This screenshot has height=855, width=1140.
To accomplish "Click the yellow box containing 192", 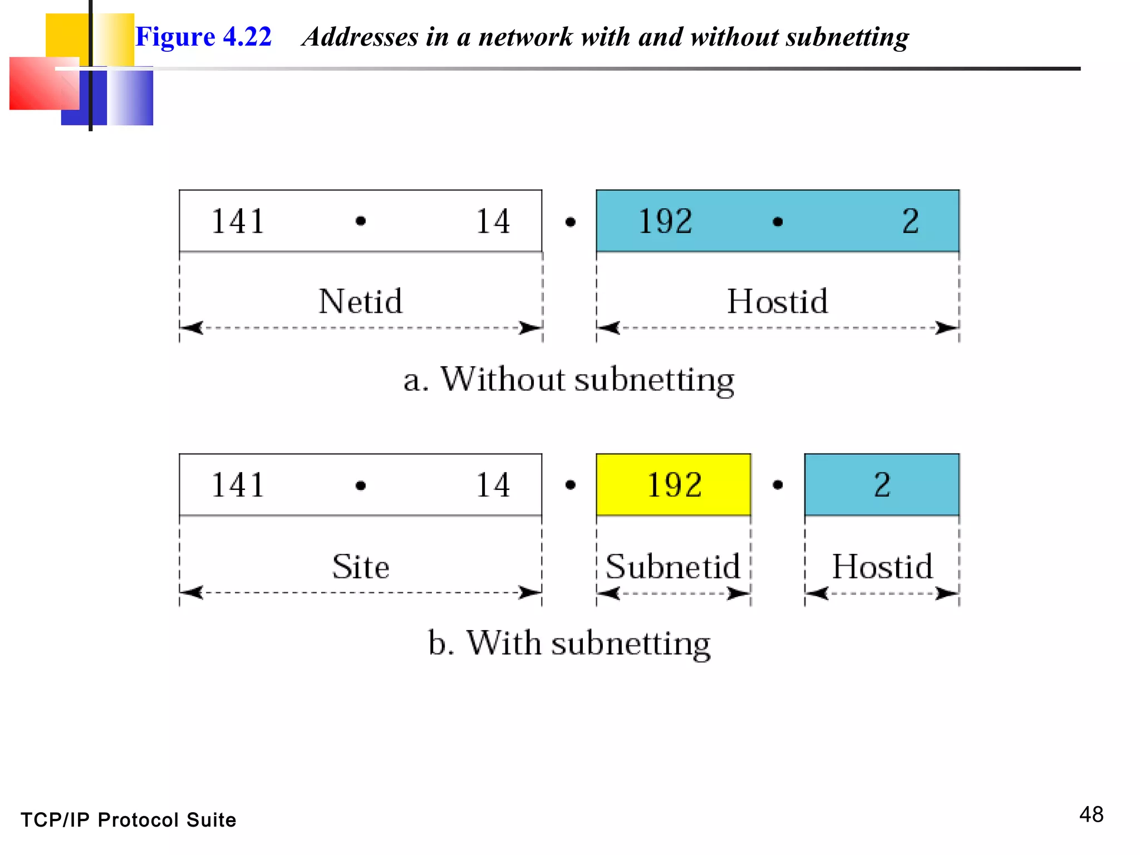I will (674, 484).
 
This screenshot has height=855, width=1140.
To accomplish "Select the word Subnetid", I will (672, 567).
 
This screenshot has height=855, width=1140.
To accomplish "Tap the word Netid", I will (360, 302).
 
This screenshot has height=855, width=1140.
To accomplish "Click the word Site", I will (360, 567).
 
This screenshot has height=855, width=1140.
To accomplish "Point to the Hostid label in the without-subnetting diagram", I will (778, 302).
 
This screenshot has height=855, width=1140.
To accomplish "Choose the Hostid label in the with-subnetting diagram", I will (882, 567).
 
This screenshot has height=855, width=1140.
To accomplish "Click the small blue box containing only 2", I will (882, 484).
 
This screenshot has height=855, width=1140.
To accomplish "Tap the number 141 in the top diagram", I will (238, 221).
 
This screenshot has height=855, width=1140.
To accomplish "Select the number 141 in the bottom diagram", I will (238, 485).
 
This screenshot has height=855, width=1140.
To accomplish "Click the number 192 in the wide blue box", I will (665, 221).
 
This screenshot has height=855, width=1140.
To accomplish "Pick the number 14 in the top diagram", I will (493, 221).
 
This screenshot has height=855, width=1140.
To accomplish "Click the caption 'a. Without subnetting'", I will (569, 380).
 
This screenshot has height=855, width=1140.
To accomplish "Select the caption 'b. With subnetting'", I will (569, 643).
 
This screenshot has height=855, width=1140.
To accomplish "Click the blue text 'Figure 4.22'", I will (203, 37).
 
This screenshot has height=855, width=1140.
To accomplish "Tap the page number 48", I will (1091, 815).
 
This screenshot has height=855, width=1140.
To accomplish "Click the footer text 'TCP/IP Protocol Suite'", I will (129, 820).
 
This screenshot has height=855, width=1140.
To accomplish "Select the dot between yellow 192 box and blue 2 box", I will (778, 485).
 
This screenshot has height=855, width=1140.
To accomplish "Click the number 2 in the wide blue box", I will (910, 221).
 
